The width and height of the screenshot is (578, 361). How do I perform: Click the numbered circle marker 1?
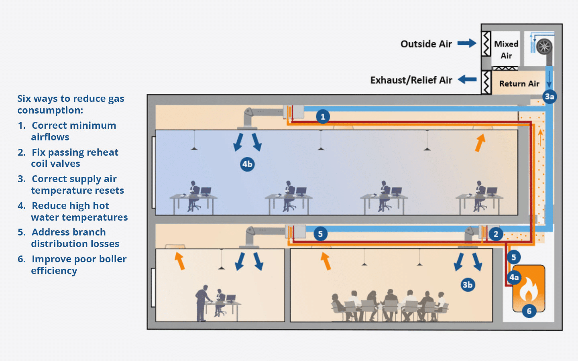(x=323, y=117)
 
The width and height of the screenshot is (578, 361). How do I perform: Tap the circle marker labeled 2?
(x=496, y=234)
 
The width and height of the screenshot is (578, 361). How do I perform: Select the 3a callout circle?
(x=549, y=96)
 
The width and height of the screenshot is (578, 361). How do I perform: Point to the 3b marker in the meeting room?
(x=468, y=285)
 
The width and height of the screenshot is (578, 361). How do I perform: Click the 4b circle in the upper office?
(x=247, y=164)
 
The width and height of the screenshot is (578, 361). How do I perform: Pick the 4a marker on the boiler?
(x=514, y=277)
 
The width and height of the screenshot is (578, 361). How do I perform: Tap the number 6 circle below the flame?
(x=529, y=311)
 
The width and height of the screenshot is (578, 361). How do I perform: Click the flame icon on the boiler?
(x=529, y=290)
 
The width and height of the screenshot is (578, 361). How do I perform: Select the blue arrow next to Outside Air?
(x=466, y=43)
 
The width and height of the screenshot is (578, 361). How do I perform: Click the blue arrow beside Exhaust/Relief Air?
(x=467, y=79)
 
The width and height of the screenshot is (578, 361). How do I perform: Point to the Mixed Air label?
(x=506, y=49)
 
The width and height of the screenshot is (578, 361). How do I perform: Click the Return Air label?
(x=519, y=83)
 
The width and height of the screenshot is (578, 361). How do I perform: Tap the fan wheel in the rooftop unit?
(x=544, y=47)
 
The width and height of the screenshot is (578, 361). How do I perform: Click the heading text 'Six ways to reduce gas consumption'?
(x=71, y=104)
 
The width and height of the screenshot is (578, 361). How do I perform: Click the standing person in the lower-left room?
(x=202, y=303)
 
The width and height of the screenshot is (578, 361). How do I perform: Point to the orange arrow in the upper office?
(x=480, y=142)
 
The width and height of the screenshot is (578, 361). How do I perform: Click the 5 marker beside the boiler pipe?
(x=513, y=257)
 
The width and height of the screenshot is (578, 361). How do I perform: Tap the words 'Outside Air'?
(x=426, y=44)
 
